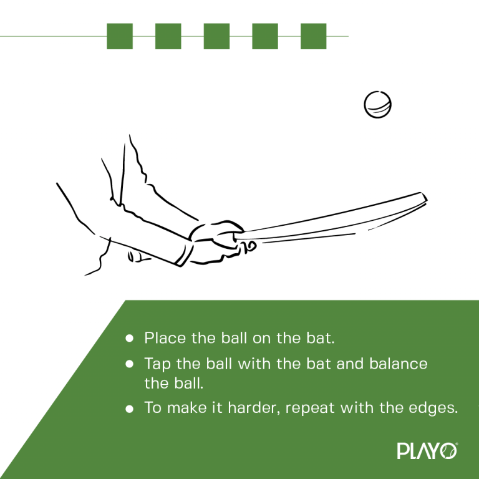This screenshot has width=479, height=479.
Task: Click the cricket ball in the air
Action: pyautogui.click(x=377, y=104)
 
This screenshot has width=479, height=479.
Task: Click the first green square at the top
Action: pyautogui.click(x=120, y=36)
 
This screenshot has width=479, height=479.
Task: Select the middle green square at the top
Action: pyautogui.click(x=216, y=36)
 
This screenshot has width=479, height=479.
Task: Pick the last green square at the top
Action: pyautogui.click(x=314, y=36)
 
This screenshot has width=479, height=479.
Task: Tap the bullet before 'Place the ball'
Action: pyautogui.click(x=130, y=338)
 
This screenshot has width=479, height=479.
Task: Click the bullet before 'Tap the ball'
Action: pyautogui.click(x=130, y=363)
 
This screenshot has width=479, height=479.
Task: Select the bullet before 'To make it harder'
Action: pyautogui.click(x=130, y=409)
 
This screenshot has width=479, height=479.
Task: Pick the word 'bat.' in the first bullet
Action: pyautogui.click(x=321, y=338)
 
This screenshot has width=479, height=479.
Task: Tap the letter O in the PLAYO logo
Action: pyautogui.click(x=449, y=451)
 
